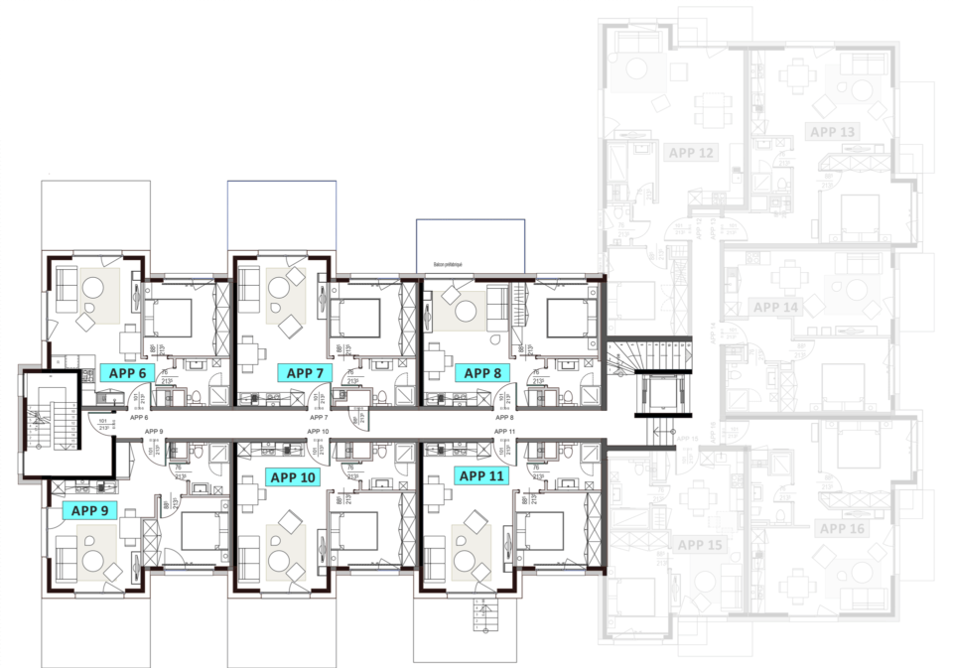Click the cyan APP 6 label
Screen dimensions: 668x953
127,373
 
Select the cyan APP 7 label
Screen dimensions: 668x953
305,373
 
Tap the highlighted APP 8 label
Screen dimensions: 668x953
482,373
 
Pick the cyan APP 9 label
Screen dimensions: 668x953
89,510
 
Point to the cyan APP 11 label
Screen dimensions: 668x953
482,475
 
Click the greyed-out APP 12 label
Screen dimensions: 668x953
692,153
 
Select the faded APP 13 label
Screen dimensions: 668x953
832,131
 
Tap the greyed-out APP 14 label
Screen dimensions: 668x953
775,307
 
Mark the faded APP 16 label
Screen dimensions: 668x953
843,529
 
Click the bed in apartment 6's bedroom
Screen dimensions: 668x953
170,315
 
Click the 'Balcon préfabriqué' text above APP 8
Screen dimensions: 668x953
452,265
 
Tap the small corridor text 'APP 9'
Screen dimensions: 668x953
153,432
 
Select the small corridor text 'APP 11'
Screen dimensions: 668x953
505,432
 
